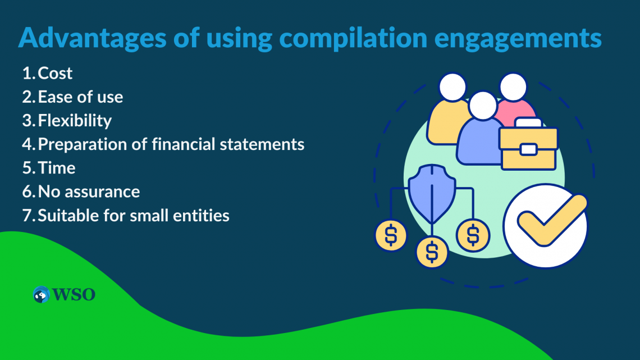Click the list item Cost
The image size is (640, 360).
point(55,73)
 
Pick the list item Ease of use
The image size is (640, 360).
point(80,97)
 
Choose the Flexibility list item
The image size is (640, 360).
point(75,120)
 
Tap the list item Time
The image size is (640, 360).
point(57,167)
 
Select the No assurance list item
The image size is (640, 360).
point(89,192)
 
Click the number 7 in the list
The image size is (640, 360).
point(27,215)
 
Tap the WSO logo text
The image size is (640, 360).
point(74,294)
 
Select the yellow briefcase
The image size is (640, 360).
point(528,147)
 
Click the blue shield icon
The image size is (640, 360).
point(431,193)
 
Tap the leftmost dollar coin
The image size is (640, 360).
point(391,235)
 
